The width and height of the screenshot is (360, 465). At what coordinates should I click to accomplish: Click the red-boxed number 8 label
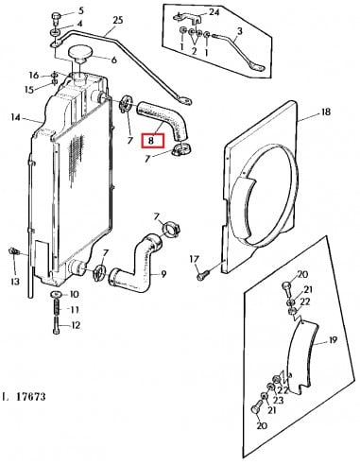click(153, 141)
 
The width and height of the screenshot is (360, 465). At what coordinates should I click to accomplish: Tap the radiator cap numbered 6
click(79, 53)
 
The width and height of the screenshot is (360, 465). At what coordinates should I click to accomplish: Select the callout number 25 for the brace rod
click(117, 21)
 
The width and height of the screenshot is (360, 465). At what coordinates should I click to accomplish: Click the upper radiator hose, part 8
click(163, 120)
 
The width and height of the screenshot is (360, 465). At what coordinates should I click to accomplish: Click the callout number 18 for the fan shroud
click(326, 112)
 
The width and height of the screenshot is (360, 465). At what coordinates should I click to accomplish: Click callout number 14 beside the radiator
click(15, 117)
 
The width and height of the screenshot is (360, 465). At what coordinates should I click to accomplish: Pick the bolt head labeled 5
click(56, 16)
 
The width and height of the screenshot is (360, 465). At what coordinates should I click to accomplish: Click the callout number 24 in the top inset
click(214, 12)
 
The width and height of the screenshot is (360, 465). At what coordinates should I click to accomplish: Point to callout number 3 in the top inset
click(240, 31)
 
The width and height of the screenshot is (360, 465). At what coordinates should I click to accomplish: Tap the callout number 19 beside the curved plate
click(333, 340)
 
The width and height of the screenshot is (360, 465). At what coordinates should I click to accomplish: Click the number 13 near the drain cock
click(15, 281)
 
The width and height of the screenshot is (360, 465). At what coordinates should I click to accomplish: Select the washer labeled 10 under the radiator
click(56, 294)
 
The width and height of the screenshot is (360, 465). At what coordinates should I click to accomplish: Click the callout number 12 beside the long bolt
click(76, 325)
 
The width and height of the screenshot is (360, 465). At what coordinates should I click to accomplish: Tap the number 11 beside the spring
click(75, 310)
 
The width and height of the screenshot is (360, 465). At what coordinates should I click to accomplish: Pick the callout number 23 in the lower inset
click(279, 400)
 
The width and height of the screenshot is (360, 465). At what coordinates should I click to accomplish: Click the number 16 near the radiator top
click(34, 76)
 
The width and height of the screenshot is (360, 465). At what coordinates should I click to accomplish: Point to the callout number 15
click(29, 90)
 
